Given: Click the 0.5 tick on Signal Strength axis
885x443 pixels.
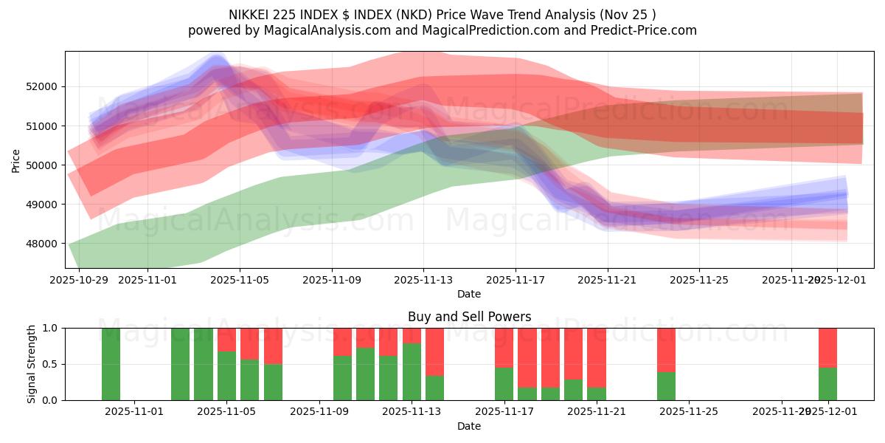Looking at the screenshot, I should tap(52, 364).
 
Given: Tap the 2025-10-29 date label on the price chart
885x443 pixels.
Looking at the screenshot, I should tap(78, 281).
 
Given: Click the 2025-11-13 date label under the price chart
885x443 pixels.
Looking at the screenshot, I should tap(423, 281).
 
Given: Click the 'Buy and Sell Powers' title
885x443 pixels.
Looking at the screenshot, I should tap(469, 317).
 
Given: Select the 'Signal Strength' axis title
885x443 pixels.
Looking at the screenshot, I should tap(32, 364).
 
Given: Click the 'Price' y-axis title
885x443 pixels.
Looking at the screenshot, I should tap(16, 159).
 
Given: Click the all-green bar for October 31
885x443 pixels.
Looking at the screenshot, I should tap(111, 364).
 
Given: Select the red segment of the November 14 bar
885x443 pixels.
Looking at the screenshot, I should tap(435, 351).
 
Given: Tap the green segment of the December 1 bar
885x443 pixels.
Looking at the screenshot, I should tap(827, 384).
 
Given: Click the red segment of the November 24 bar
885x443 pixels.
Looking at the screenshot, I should tap(666, 349).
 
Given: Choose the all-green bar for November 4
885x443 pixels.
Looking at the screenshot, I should tap(204, 364).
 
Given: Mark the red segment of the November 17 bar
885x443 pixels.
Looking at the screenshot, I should tap(504, 347).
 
